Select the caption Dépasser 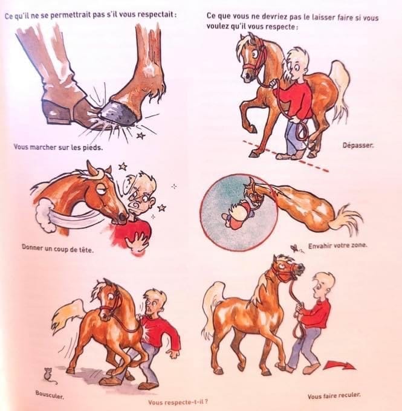(x=358, y=146)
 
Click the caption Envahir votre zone (x=337, y=246)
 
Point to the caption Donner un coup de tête (x=57, y=248)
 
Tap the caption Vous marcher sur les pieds (x=58, y=147)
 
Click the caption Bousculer (x=50, y=394)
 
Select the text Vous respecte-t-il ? (x=178, y=402)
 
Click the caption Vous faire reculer (x=334, y=395)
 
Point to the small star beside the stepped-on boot (x=141, y=135)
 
